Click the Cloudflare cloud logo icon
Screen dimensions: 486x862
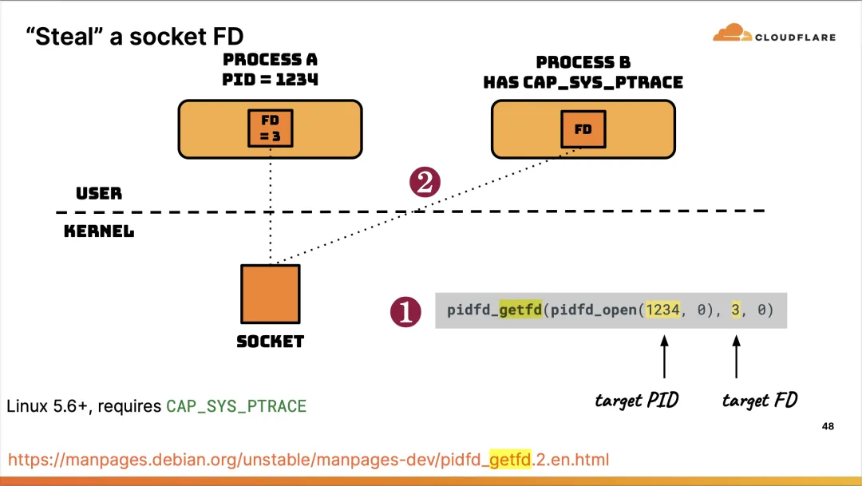click(729, 34)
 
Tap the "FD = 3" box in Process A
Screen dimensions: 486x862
click(271, 128)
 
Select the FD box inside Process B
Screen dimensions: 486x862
click(583, 128)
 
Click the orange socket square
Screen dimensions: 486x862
click(271, 294)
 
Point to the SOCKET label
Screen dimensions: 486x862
click(271, 342)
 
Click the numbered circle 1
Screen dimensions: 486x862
click(405, 311)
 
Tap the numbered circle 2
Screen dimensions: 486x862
click(425, 183)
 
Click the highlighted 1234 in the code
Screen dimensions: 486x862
click(662, 310)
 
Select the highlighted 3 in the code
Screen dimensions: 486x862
click(736, 310)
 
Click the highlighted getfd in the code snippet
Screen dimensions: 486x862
click(520, 310)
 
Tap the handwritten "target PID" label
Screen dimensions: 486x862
click(636, 400)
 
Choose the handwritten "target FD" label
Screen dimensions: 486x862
click(759, 400)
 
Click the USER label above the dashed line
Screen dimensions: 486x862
click(99, 194)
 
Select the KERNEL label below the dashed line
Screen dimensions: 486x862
click(99, 232)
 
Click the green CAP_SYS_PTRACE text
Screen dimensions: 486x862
click(236, 406)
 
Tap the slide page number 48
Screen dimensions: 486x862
click(828, 427)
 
